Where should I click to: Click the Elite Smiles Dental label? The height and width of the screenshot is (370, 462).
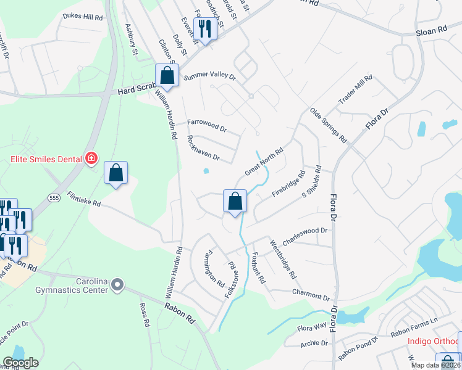[x=46, y=159]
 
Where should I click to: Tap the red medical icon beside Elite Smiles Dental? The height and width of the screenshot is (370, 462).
[x=91, y=159]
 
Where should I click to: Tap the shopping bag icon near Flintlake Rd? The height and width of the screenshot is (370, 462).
[x=115, y=174]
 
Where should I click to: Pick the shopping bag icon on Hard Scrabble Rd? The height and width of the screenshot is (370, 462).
[x=167, y=76]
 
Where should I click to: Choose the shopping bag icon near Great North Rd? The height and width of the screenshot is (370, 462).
[x=235, y=202]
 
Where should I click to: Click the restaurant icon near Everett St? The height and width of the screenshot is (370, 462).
[x=204, y=28]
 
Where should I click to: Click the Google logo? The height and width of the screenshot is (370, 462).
[x=20, y=363]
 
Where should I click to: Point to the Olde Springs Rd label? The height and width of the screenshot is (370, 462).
[x=329, y=125]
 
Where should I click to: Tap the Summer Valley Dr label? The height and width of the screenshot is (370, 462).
[x=210, y=76]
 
